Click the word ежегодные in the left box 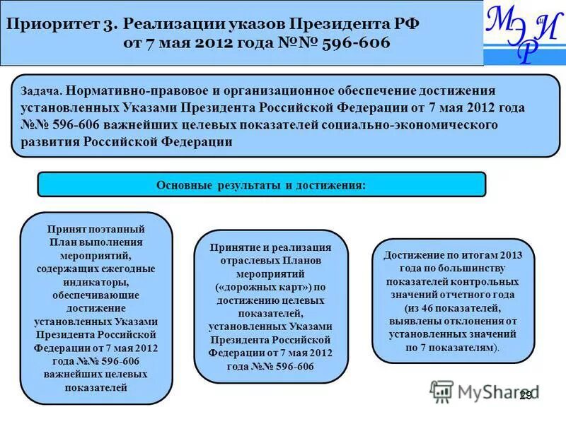click(127, 269)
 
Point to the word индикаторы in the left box click(96, 282)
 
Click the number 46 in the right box click(437, 308)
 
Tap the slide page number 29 click(525, 396)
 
